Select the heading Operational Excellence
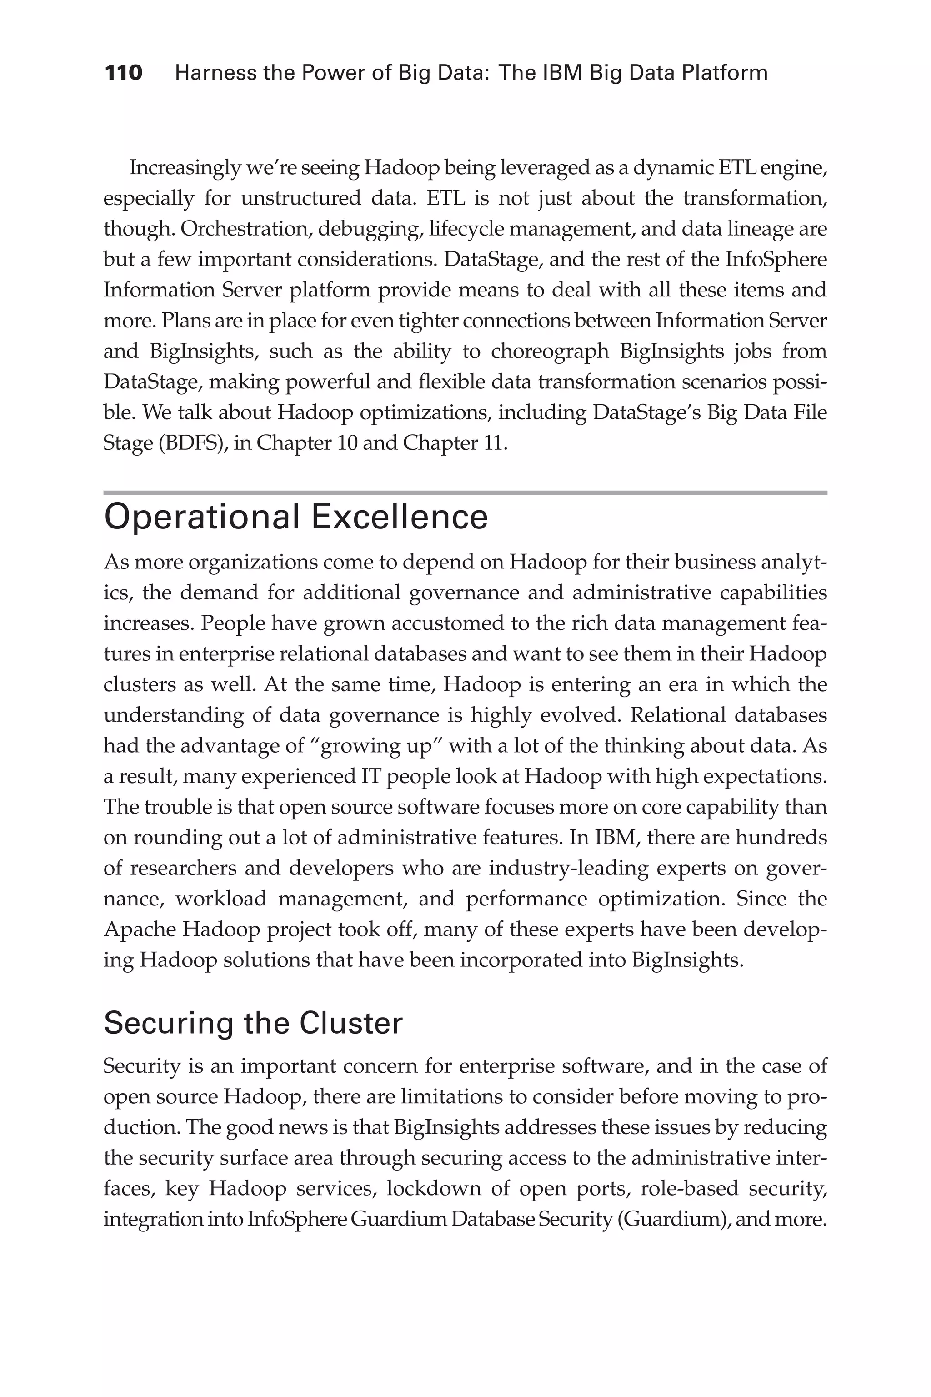click(x=295, y=517)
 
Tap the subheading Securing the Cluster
click(x=253, y=1023)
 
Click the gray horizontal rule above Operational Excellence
click(x=465, y=492)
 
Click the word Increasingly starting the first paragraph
click(x=184, y=168)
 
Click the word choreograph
click(x=550, y=351)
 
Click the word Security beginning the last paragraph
click(x=141, y=1066)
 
